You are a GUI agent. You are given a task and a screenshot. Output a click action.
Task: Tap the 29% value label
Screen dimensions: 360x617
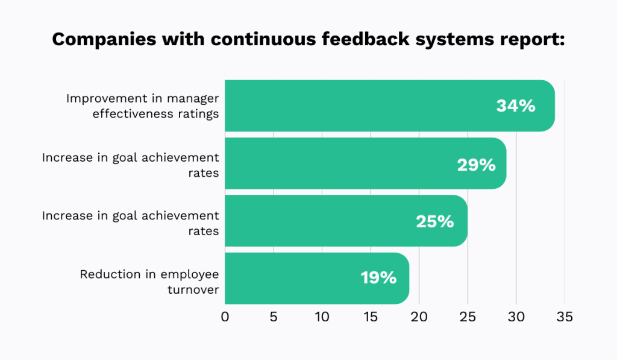tap(476, 164)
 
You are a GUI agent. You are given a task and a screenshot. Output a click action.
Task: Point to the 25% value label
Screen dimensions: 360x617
tap(434, 221)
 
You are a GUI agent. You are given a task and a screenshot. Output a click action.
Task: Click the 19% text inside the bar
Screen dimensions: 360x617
tap(378, 278)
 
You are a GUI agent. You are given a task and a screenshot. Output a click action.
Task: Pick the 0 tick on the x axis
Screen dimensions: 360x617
tap(225, 317)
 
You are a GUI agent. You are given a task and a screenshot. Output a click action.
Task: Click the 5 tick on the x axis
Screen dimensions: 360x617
tap(274, 317)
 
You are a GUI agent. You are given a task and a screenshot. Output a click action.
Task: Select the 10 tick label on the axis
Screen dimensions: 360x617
tap(322, 317)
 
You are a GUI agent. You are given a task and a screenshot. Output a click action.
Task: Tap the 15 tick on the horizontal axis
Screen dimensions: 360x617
tap(370, 317)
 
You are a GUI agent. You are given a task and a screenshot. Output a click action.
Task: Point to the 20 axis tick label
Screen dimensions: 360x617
tap(419, 317)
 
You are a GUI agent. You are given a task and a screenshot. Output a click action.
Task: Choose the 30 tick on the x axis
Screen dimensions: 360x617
tap(516, 317)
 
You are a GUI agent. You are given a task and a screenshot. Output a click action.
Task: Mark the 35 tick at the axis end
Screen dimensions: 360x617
tap(564, 317)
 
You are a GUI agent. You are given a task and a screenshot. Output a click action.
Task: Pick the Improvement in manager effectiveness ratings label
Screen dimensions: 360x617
tap(142, 106)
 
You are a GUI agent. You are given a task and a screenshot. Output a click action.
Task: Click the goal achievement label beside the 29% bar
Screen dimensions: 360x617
tap(130, 164)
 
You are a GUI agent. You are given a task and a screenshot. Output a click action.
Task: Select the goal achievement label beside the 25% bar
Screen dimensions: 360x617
tap(130, 221)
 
